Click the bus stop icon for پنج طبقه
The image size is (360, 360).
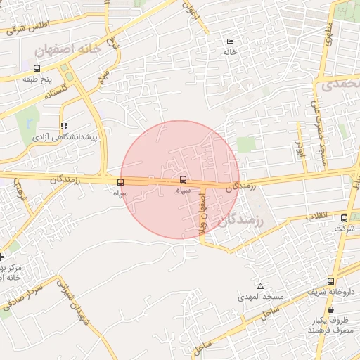click(37, 69)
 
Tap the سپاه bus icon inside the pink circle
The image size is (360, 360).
click(184, 180)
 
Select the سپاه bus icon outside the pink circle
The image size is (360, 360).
click(120, 183)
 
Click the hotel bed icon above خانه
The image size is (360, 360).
click(231, 42)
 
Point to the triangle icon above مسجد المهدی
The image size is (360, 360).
click(260, 287)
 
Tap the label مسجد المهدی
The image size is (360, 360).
click(260, 297)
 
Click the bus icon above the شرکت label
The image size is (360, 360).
click(344, 218)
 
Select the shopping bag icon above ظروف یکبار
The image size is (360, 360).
click(330, 309)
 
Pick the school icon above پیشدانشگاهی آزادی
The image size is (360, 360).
click(64, 127)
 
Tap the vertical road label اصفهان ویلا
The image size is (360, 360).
click(202, 214)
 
